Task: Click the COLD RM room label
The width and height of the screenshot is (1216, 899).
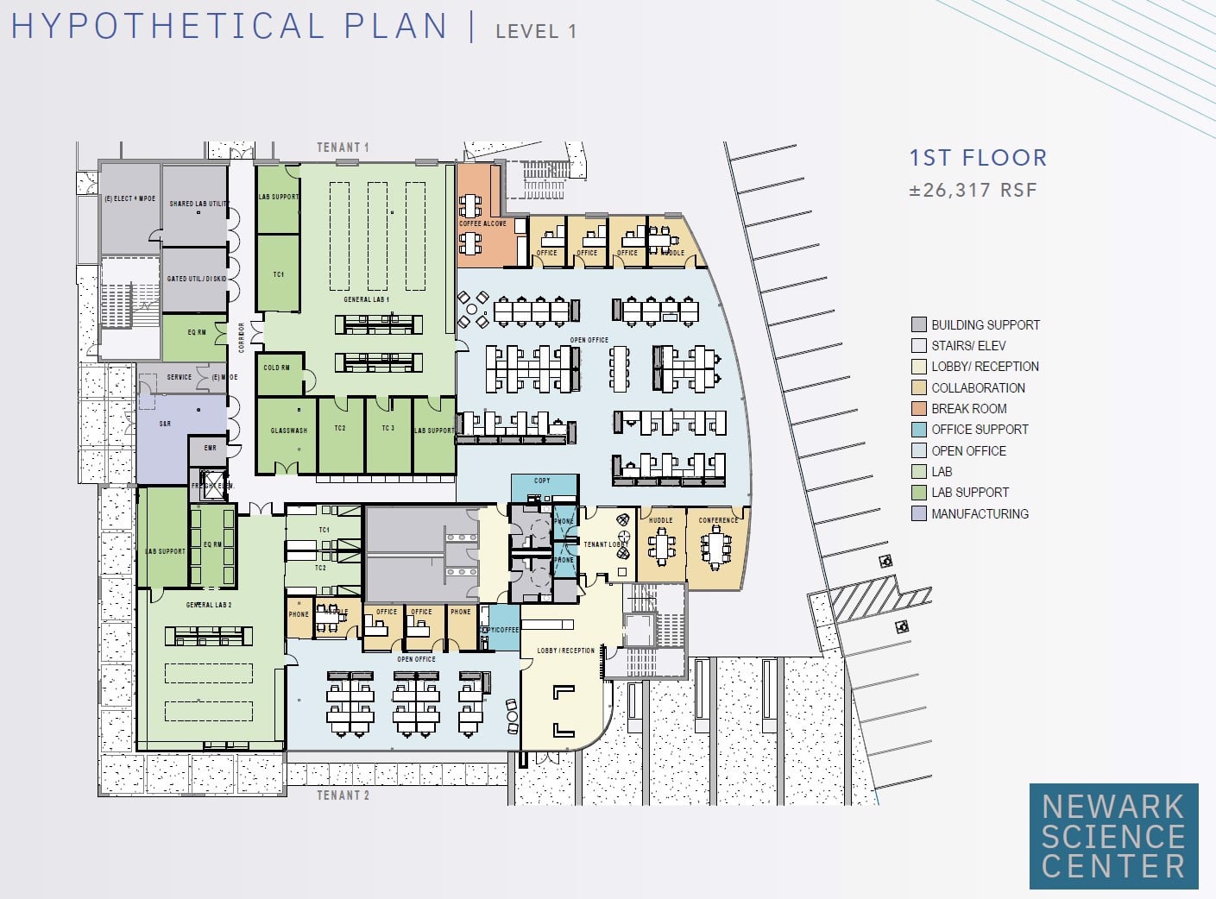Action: click(277, 368)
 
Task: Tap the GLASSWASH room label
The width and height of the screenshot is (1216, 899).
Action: click(289, 431)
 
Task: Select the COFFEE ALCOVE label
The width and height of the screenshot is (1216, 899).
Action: click(482, 223)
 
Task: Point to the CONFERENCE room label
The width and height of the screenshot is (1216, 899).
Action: click(718, 520)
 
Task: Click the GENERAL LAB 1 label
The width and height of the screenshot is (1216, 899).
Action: click(367, 299)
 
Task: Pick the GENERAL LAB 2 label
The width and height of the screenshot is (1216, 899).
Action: click(209, 605)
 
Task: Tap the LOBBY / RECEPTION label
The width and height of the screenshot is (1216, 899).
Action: click(566, 651)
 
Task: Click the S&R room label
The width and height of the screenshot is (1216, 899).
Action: click(165, 424)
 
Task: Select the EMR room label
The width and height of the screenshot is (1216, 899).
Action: click(211, 448)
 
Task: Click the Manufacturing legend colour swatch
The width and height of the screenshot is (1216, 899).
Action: click(919, 513)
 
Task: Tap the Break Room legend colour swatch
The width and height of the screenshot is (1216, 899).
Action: click(919, 408)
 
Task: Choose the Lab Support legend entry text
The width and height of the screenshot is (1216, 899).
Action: click(970, 493)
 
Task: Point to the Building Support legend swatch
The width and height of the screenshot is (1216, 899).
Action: click(919, 324)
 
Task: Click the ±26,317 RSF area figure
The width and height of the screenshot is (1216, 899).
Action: click(973, 191)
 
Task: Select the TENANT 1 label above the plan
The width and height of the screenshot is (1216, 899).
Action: click(343, 148)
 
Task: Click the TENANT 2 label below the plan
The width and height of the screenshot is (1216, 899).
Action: click(343, 795)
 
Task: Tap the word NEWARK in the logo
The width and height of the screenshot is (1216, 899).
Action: click(1113, 807)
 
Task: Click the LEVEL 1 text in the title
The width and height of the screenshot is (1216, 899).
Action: click(536, 31)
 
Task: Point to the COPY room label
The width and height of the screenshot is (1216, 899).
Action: click(542, 481)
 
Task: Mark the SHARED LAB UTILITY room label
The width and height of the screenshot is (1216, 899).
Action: click(198, 204)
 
